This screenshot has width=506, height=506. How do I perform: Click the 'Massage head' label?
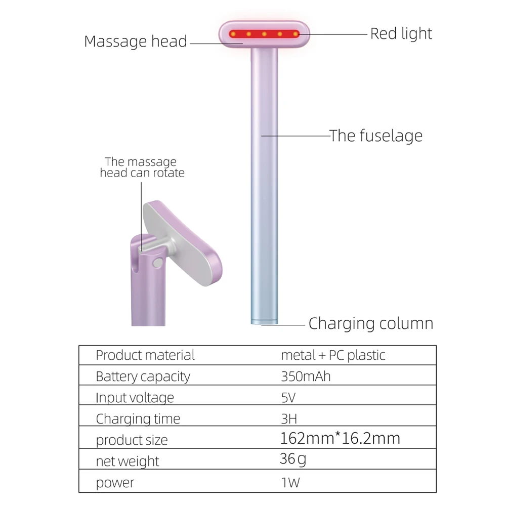pyautogui.click(x=136, y=41)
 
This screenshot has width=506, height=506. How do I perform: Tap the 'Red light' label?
pyautogui.click(x=401, y=34)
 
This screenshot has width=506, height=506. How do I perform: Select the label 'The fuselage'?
pyautogui.click(x=376, y=136)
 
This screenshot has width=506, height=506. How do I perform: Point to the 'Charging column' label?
pyautogui.click(x=371, y=323)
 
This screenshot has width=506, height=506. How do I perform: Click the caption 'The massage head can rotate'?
pyautogui.click(x=142, y=167)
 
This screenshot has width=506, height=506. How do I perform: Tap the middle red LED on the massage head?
pyautogui.click(x=265, y=34)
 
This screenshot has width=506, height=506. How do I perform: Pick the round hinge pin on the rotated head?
pyautogui.click(x=157, y=262)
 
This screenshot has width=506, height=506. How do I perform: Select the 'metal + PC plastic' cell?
pyautogui.click(x=333, y=355)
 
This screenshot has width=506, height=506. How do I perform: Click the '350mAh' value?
pyautogui.click(x=306, y=376)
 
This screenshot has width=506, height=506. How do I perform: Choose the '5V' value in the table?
pyautogui.click(x=288, y=398)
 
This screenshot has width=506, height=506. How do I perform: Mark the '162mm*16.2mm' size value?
pyautogui.click(x=340, y=438)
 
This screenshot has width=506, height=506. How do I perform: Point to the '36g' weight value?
pyautogui.click(x=293, y=459)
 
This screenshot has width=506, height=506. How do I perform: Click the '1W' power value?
pyautogui.click(x=290, y=482)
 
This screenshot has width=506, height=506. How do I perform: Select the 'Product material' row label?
pyautogui.click(x=145, y=355)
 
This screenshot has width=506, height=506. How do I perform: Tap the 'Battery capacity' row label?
pyautogui.click(x=143, y=376)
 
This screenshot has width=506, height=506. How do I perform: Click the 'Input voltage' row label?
pyautogui.click(x=135, y=398)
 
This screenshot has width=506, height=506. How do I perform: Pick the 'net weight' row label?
pyautogui.click(x=128, y=461)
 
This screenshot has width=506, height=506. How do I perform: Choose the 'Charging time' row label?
pyautogui.click(x=138, y=419)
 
